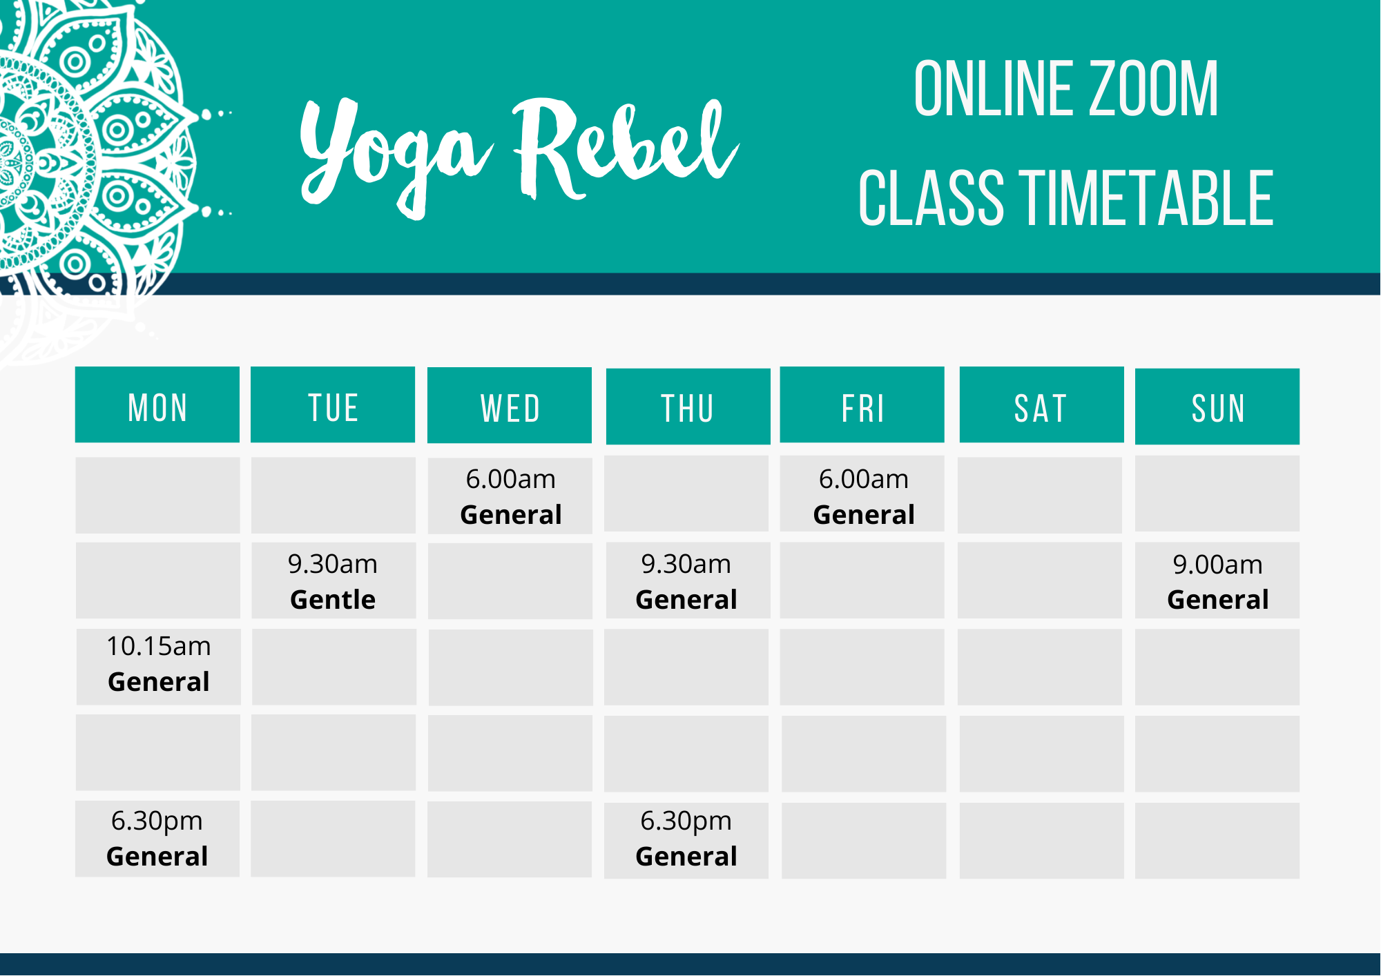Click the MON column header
tap(157, 405)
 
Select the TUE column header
tap(333, 405)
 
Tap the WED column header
tap(510, 406)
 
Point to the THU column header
tap(688, 407)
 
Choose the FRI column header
tap(862, 405)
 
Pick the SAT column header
tap(1041, 405)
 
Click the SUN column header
tap(1217, 407)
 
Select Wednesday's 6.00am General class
tap(510, 496)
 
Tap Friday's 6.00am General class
tap(862, 495)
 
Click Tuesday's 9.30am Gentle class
tap(334, 581)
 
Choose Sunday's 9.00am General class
tap(1217, 581)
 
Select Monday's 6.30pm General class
tap(157, 839)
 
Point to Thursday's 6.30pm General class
tap(686, 839)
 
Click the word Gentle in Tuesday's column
tap(333, 600)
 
